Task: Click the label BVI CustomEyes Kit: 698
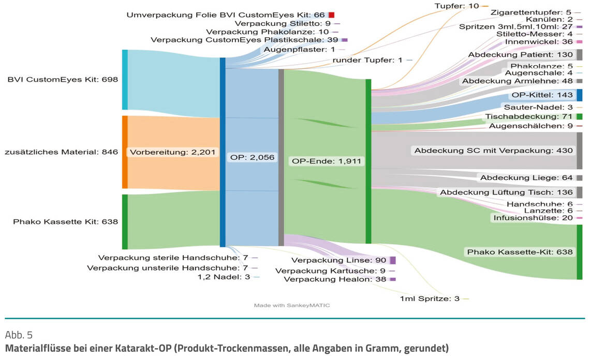(62, 80)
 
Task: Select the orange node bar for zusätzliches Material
(125, 152)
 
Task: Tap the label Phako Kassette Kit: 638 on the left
(65, 222)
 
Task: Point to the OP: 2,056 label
(252, 157)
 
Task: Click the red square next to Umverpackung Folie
(331, 15)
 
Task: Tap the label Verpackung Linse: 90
(338, 260)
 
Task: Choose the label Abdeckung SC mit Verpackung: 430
(493, 151)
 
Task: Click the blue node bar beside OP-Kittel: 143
(580, 95)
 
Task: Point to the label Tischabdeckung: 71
(528, 117)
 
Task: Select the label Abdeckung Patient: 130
(520, 55)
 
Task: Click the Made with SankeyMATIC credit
(292, 305)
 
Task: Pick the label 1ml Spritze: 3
(430, 298)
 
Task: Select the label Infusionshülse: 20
(533, 218)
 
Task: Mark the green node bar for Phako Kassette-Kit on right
(580, 252)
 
